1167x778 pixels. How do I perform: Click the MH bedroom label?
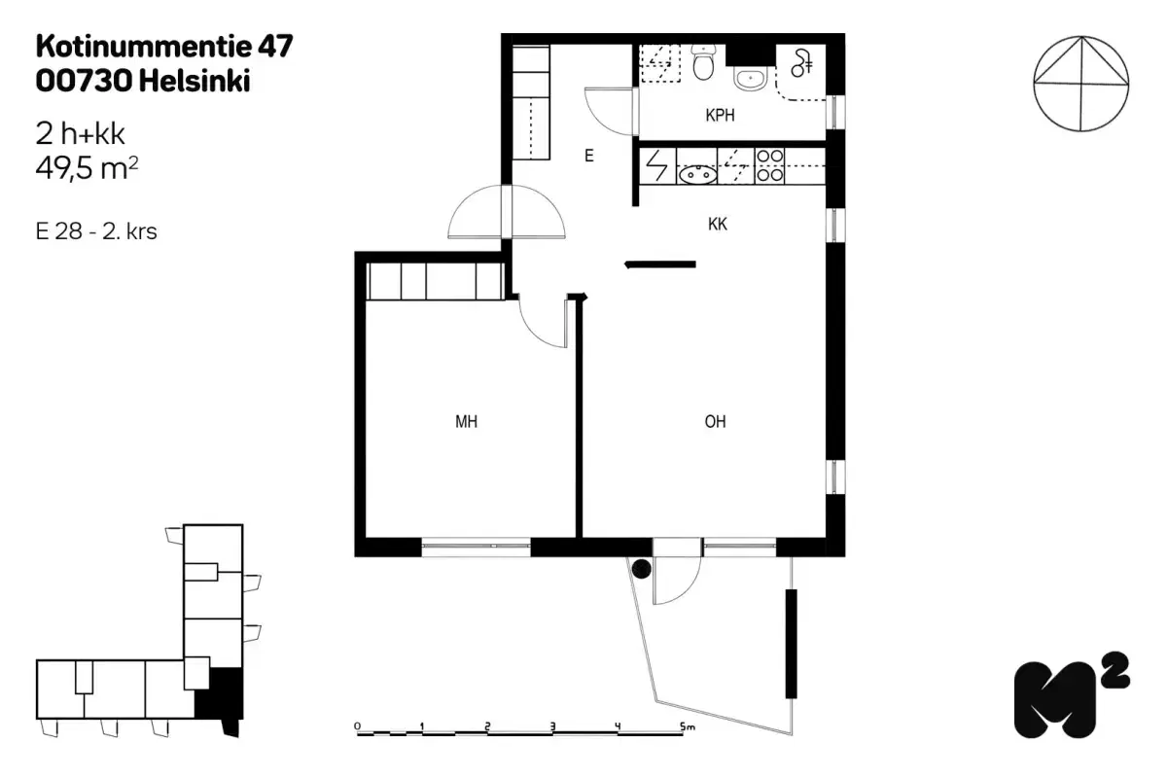[x=467, y=422]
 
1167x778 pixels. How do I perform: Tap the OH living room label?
[x=715, y=422]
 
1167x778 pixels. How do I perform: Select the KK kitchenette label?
[x=718, y=225]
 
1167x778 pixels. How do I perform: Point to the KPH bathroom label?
[x=720, y=116]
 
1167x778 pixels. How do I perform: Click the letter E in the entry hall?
[x=588, y=156]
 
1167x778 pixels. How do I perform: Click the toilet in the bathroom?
[x=704, y=63]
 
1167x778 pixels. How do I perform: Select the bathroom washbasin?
[x=750, y=78]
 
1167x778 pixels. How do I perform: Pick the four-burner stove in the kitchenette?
[x=769, y=165]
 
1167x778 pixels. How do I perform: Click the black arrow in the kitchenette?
[x=660, y=263]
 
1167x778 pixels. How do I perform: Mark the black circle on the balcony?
[x=641, y=569]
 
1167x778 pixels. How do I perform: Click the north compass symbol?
[x=1081, y=84]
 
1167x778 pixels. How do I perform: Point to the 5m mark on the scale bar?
[x=688, y=725]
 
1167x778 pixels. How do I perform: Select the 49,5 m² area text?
[x=87, y=169]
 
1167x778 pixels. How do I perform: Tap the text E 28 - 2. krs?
[x=96, y=232]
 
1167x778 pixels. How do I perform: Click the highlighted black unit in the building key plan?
[x=218, y=695]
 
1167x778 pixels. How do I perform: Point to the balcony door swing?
[x=676, y=582]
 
